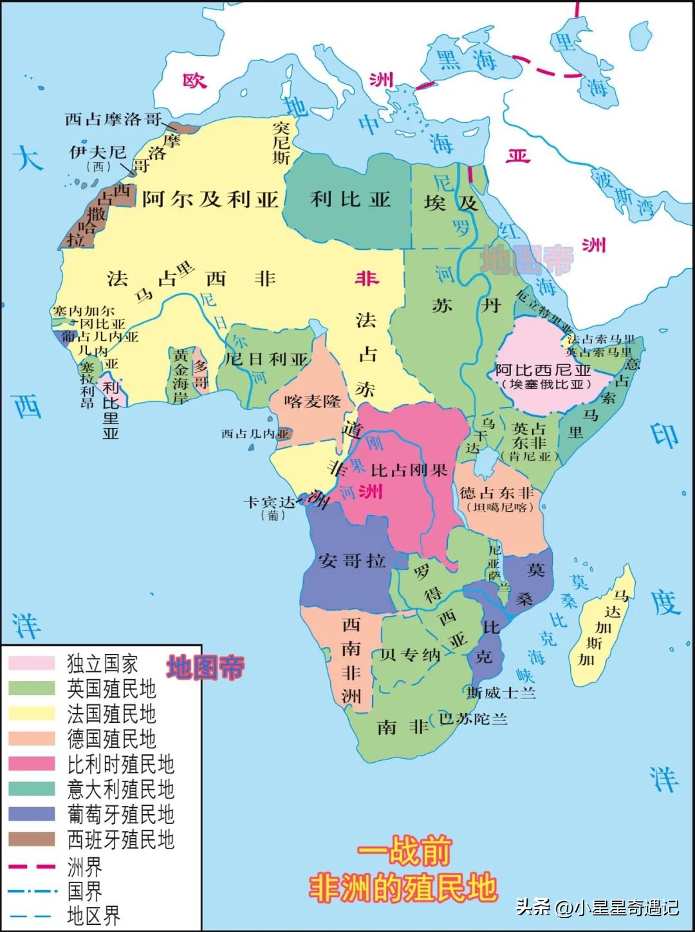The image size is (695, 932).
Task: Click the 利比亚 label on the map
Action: click(x=351, y=199)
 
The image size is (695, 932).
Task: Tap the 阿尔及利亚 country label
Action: click(x=210, y=199)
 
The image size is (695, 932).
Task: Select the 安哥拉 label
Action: click(x=351, y=560)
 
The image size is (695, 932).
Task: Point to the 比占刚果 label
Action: click(x=409, y=471)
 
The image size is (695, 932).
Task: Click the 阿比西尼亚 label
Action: click(x=543, y=370)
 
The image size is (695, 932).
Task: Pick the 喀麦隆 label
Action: click(x=313, y=401)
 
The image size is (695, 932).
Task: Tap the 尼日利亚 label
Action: click(x=266, y=359)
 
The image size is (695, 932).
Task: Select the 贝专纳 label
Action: click(x=410, y=655)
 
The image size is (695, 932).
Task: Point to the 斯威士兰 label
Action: click(x=501, y=693)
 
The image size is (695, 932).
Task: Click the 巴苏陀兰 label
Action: click(x=473, y=718)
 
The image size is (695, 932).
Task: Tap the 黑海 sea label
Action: click(x=467, y=61)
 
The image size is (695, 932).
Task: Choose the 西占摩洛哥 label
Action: click(x=113, y=119)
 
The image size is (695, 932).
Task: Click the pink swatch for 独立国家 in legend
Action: click(x=32, y=663)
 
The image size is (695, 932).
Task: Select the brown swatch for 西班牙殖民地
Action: click(x=32, y=839)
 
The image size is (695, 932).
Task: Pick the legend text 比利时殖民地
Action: click(x=121, y=764)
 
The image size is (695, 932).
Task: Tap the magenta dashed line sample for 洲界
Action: click(x=32, y=866)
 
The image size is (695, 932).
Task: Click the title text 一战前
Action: click(x=404, y=852)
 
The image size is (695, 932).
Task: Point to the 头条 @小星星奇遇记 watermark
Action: click(x=597, y=908)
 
